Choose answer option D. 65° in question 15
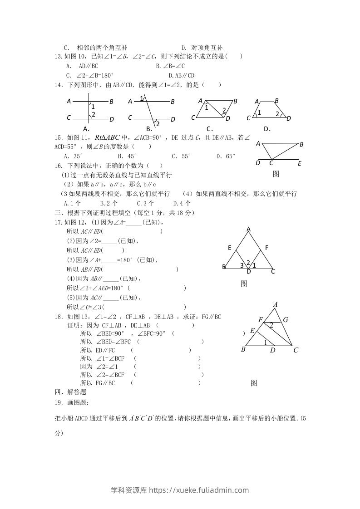pos(226,156)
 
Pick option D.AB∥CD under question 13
pos(181,75)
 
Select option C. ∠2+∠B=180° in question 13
pos(89,75)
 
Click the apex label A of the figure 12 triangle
pos(249,230)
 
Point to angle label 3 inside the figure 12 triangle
pos(242,265)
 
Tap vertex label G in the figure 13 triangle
pos(286,320)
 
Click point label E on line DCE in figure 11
pos(300,163)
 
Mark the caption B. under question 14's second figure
pos(148,128)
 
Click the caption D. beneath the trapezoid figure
pos(267,128)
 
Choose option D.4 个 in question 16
pos(182,204)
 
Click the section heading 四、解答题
pos(70,392)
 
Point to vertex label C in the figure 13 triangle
pos(296,350)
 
